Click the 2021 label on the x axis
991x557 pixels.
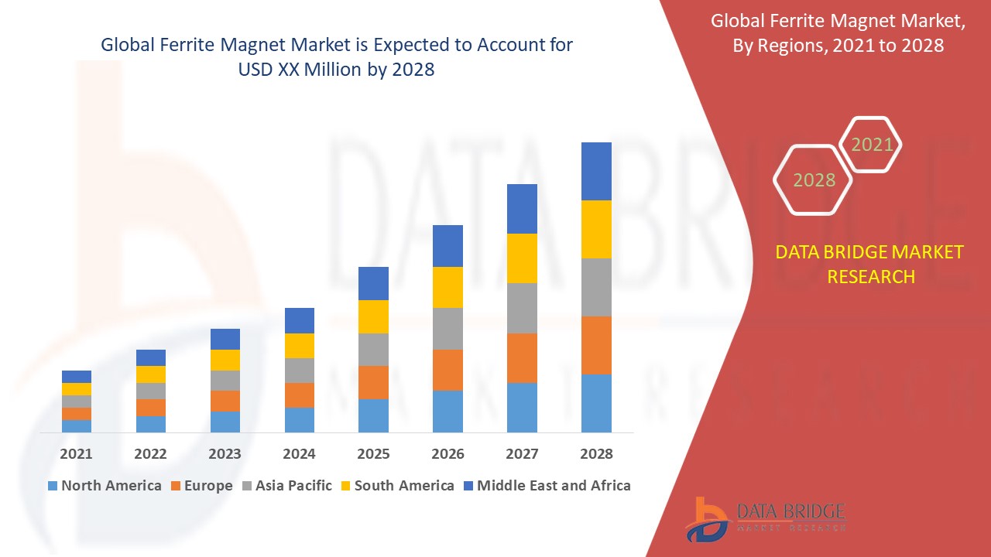(x=76, y=453)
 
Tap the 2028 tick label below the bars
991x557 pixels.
(x=596, y=453)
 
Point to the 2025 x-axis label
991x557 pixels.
(x=373, y=453)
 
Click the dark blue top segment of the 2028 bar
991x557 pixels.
(x=596, y=171)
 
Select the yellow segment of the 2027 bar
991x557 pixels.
(x=522, y=258)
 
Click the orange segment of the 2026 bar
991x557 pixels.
(x=447, y=370)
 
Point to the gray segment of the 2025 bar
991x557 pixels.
(x=373, y=350)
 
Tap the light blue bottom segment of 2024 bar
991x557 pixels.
(x=299, y=419)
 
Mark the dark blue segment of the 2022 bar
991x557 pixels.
(x=150, y=357)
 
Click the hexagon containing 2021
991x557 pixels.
(x=872, y=145)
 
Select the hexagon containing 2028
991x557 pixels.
(x=814, y=179)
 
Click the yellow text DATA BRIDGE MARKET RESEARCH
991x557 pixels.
(x=870, y=264)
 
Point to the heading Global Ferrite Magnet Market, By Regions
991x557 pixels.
(x=838, y=33)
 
